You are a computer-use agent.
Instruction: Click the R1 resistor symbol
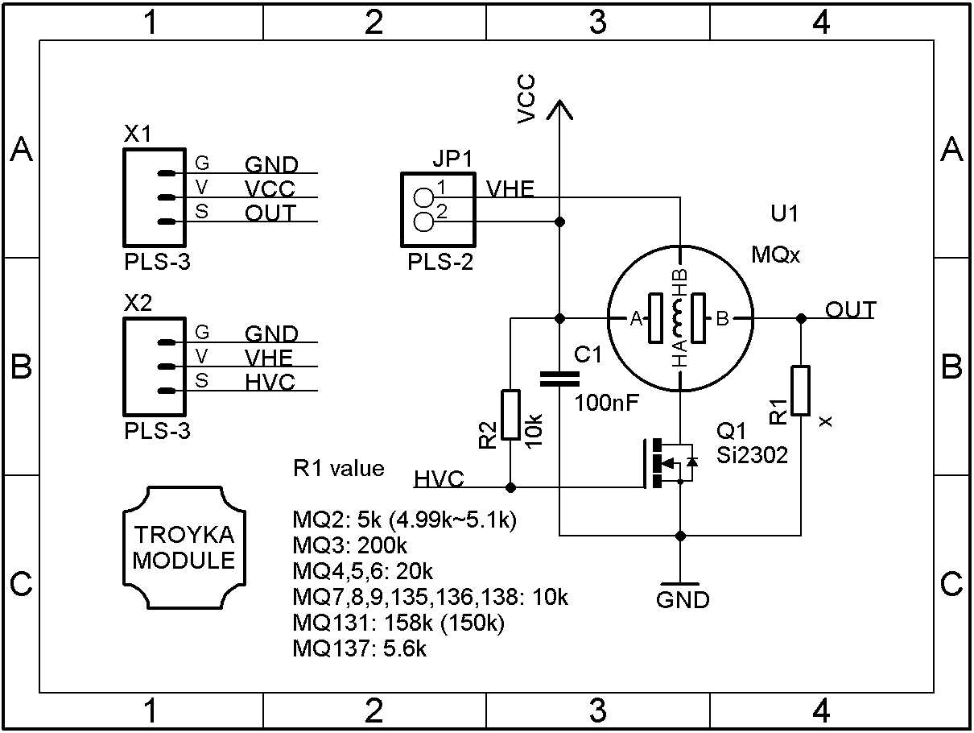pyautogui.click(x=800, y=391)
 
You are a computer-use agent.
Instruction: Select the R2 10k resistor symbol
pyautogui.click(x=510, y=415)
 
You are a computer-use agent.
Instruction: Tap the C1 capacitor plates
pyautogui.click(x=559, y=379)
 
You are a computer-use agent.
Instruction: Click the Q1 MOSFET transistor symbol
pyautogui.click(x=668, y=463)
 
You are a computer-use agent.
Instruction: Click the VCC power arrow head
pyautogui.click(x=559, y=109)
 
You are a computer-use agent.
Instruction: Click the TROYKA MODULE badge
pyautogui.click(x=184, y=548)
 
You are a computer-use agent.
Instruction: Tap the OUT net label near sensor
pyautogui.click(x=850, y=309)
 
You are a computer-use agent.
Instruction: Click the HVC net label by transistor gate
pyautogui.click(x=439, y=479)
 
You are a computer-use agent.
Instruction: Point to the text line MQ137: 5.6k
pyautogui.click(x=360, y=648)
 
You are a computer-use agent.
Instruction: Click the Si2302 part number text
pyautogui.click(x=752, y=456)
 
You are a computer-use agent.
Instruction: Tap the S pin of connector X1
pyautogui.click(x=165, y=222)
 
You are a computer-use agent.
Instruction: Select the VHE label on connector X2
pyautogui.click(x=270, y=357)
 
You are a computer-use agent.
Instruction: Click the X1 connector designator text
pyautogui.click(x=138, y=134)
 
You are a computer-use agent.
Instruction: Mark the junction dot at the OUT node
pyautogui.click(x=800, y=319)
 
